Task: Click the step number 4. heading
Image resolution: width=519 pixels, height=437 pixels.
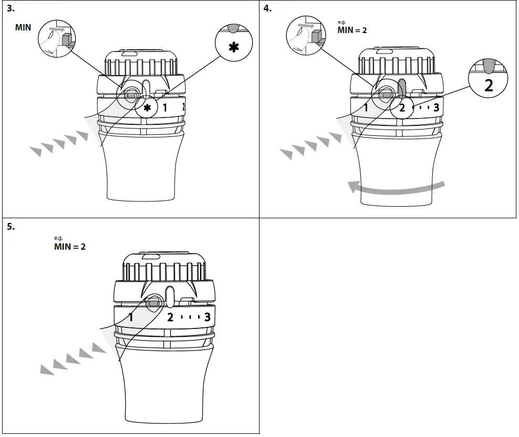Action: [268, 8]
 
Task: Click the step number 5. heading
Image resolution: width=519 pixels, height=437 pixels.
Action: [11, 227]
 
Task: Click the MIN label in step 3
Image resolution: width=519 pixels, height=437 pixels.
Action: [23, 27]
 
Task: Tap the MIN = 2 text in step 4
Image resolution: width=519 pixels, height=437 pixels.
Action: [352, 30]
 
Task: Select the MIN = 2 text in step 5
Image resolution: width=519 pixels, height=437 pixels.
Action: [69, 246]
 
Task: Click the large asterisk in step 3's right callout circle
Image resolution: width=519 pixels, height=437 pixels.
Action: [233, 46]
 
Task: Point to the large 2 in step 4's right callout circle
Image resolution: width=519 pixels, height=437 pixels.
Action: [489, 85]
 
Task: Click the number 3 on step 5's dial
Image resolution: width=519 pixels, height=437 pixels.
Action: [207, 317]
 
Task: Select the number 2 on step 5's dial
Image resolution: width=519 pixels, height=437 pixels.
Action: [170, 317]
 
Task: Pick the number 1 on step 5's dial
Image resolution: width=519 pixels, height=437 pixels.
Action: [131, 317]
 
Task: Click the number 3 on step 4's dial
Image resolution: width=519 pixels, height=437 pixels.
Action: [436, 109]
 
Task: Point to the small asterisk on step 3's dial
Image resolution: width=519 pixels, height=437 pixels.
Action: [148, 109]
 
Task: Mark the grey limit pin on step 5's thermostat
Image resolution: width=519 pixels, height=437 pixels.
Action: [153, 303]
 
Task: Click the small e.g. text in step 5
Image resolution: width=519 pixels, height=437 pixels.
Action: [58, 238]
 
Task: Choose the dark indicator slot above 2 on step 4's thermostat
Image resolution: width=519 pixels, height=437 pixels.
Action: [402, 88]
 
